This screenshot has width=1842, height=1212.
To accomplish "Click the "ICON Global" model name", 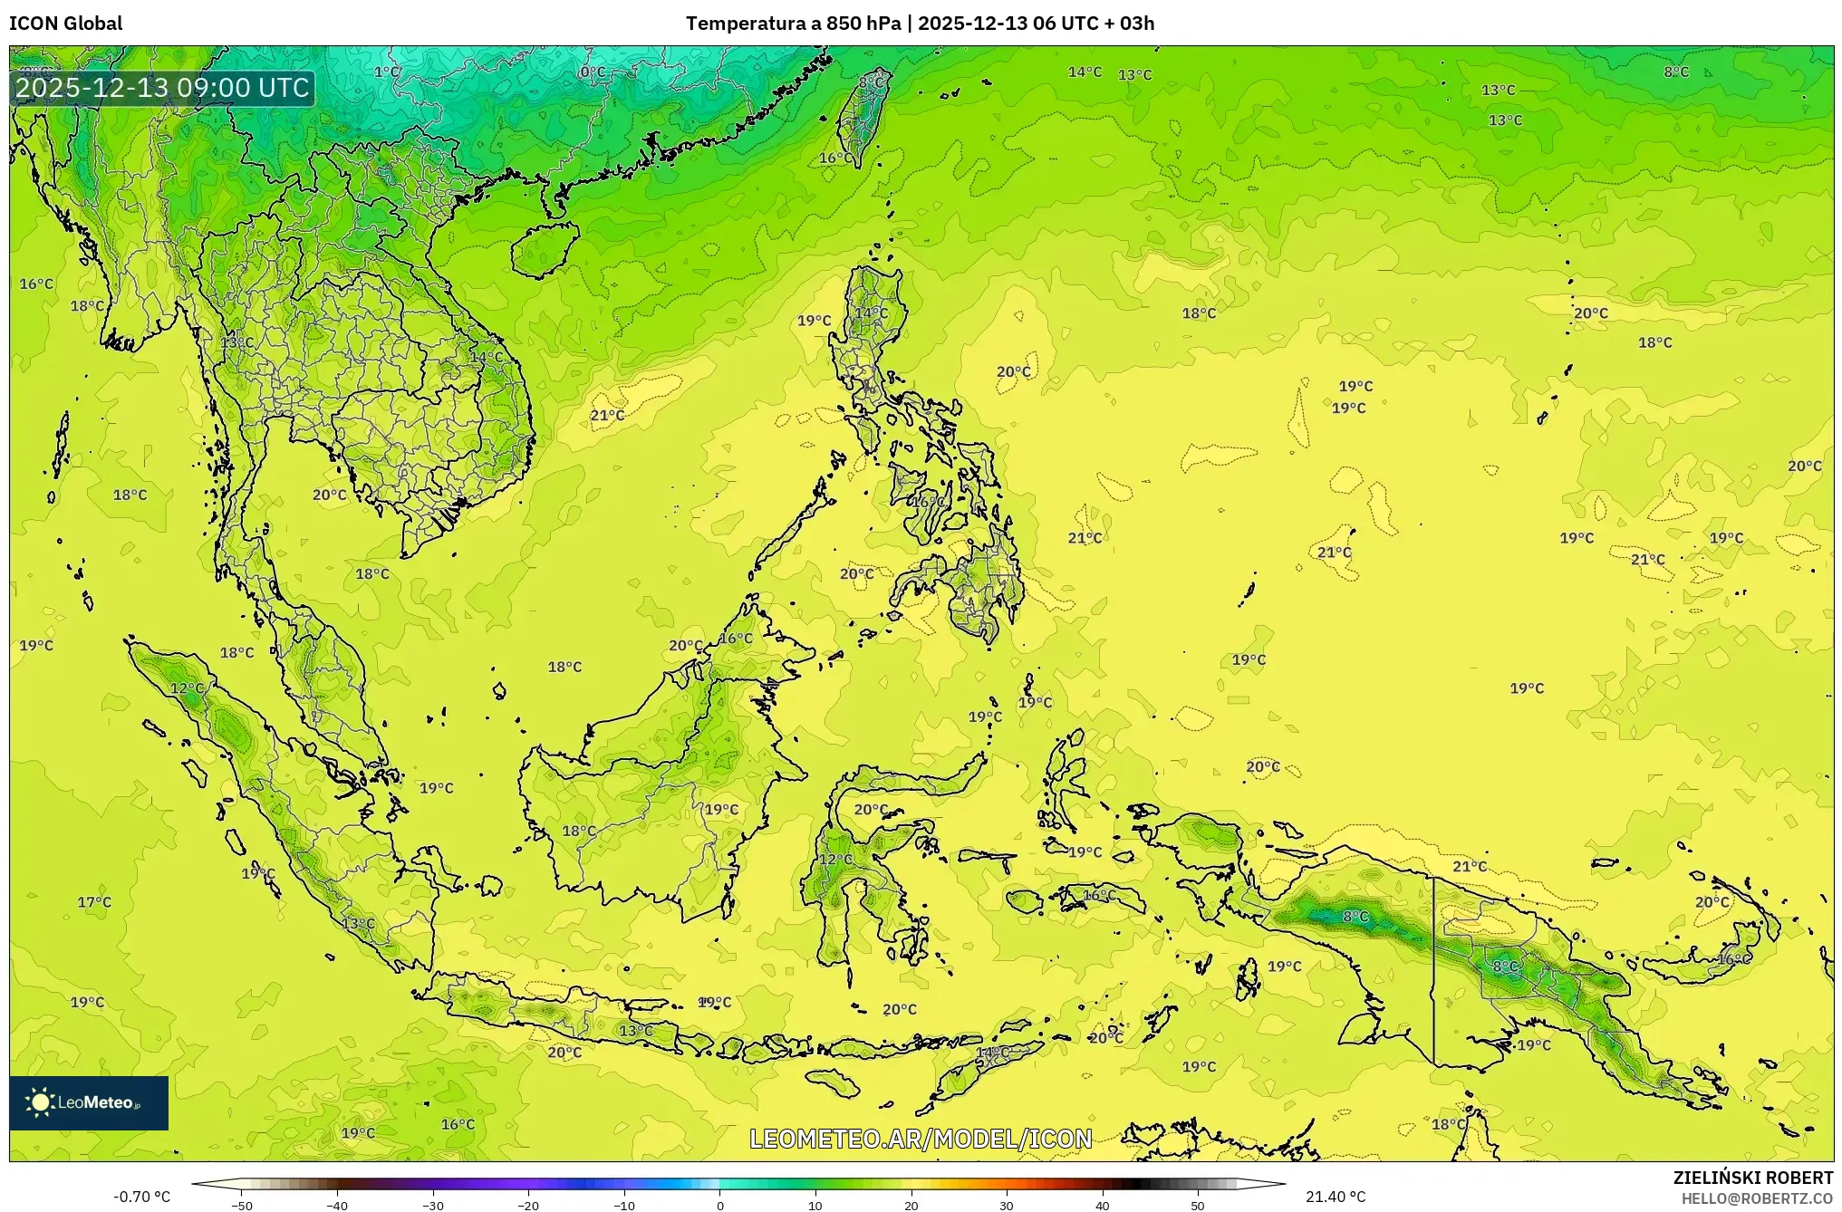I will [x=66, y=24].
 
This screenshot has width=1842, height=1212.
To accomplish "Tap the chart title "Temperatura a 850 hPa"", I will [x=794, y=24].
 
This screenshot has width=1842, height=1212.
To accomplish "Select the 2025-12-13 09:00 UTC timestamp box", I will [x=163, y=88].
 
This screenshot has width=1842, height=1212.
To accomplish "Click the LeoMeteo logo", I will [x=89, y=1102].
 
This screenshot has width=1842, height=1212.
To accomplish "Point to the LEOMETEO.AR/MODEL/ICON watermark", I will [x=921, y=1139].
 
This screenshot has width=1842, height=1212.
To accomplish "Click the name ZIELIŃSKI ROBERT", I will [x=1752, y=1178].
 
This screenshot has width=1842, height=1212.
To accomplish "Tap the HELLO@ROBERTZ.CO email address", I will [x=1757, y=1198].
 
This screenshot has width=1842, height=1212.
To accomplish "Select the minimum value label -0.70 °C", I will [x=141, y=1197].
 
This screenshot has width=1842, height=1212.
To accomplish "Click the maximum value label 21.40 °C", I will [x=1336, y=1197].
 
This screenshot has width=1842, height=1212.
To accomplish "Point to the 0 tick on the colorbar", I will [x=720, y=1205].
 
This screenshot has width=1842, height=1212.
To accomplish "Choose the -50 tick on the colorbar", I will [x=242, y=1205].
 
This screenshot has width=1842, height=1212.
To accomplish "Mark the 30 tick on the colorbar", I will [x=1007, y=1205].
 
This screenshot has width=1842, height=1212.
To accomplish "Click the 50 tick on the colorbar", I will [x=1198, y=1205].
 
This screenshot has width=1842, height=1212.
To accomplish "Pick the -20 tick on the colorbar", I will [x=528, y=1205].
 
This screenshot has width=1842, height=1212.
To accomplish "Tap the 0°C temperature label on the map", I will [x=593, y=72].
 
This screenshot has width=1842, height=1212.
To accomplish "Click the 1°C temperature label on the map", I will [x=387, y=72].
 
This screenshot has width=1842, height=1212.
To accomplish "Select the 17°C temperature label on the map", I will [x=94, y=902].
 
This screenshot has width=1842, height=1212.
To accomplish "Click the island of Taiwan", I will [x=861, y=118].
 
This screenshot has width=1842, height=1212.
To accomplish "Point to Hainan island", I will [x=544, y=249].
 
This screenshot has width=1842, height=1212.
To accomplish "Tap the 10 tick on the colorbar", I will [x=815, y=1205].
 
